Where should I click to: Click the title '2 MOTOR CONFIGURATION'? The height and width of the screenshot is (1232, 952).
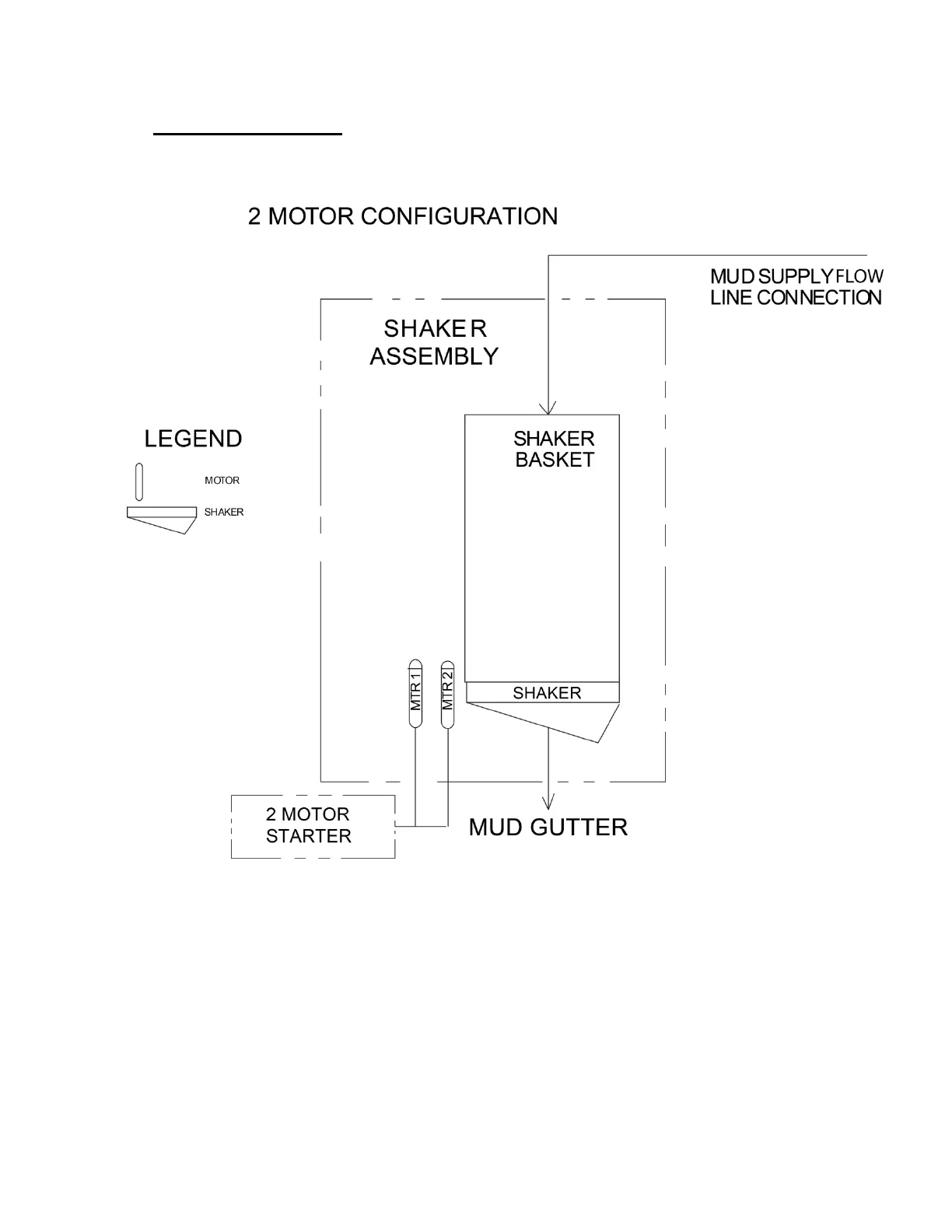[402, 216]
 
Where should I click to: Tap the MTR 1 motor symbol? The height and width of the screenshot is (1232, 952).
[415, 695]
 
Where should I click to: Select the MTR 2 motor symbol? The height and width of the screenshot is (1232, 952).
[446, 695]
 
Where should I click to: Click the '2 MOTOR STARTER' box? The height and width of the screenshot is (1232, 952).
[313, 826]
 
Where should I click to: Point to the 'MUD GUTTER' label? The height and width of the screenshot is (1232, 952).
[548, 827]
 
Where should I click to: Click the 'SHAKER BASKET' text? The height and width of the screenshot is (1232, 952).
[554, 449]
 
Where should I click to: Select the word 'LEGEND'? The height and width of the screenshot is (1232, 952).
[193, 439]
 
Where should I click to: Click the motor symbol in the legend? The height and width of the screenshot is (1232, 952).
[139, 482]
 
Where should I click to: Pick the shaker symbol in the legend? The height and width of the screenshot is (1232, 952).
[161, 519]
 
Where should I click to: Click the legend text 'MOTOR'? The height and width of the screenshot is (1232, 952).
[222, 481]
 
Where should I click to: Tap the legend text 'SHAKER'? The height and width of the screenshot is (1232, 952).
[224, 512]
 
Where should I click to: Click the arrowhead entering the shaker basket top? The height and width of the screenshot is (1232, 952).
[549, 408]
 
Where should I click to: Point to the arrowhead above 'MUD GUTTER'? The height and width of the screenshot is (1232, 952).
[549, 802]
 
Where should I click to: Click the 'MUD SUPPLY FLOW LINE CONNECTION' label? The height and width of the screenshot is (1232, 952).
[796, 287]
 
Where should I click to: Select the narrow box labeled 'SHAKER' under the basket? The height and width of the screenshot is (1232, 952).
[543, 692]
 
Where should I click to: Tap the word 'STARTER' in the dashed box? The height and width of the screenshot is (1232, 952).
[308, 836]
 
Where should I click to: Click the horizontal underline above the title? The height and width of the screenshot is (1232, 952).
[247, 135]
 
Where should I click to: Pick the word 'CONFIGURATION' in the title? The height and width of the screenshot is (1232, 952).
[470, 216]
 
